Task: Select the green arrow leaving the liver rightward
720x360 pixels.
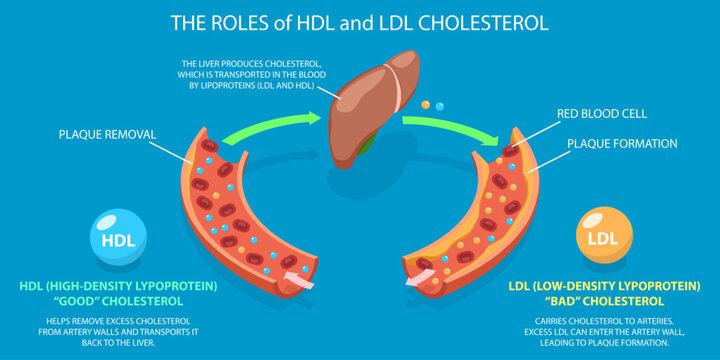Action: [x=450, y=127]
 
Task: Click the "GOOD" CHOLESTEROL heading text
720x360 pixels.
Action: [x=118, y=301]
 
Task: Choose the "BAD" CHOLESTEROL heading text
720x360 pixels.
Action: [x=603, y=301]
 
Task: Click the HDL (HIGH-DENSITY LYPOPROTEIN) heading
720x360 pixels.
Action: [x=118, y=285]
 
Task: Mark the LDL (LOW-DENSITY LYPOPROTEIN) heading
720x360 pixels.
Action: [x=603, y=285]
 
